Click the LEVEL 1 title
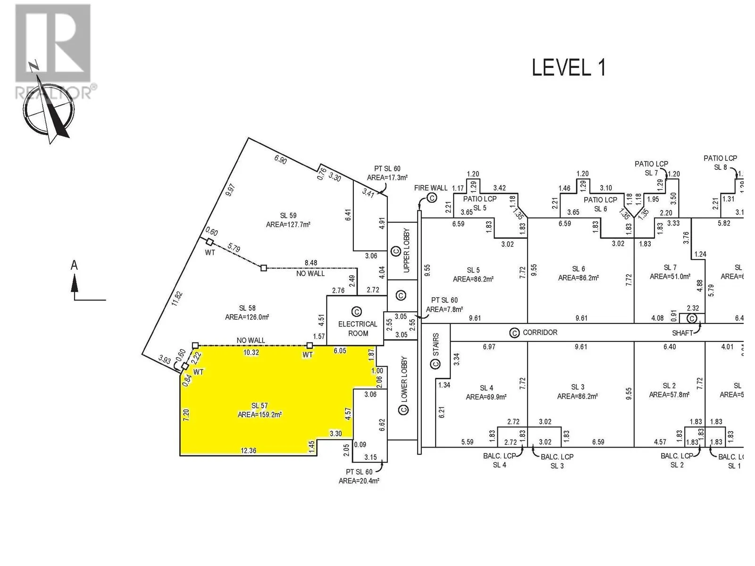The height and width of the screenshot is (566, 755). (568, 68)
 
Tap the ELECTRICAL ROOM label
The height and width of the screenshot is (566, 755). (358, 328)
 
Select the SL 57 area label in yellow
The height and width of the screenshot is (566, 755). (260, 410)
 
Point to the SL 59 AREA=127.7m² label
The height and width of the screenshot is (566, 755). (288, 220)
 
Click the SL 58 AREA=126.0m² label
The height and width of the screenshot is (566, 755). (247, 313)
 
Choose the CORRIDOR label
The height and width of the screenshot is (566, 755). (540, 333)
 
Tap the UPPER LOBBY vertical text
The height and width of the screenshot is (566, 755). (407, 250)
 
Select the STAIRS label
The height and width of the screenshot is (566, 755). (436, 345)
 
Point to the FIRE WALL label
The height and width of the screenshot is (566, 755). (430, 188)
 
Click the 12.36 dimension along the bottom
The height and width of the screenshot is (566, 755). (248, 451)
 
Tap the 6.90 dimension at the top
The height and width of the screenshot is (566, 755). (280, 159)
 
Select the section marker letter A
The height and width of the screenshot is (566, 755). (74, 266)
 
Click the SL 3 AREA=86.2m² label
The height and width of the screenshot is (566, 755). (578, 391)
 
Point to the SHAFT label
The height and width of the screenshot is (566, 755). (682, 333)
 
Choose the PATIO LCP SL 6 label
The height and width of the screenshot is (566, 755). (600, 204)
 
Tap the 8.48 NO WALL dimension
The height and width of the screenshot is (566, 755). (310, 268)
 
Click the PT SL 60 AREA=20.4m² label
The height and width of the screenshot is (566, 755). (359, 476)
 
